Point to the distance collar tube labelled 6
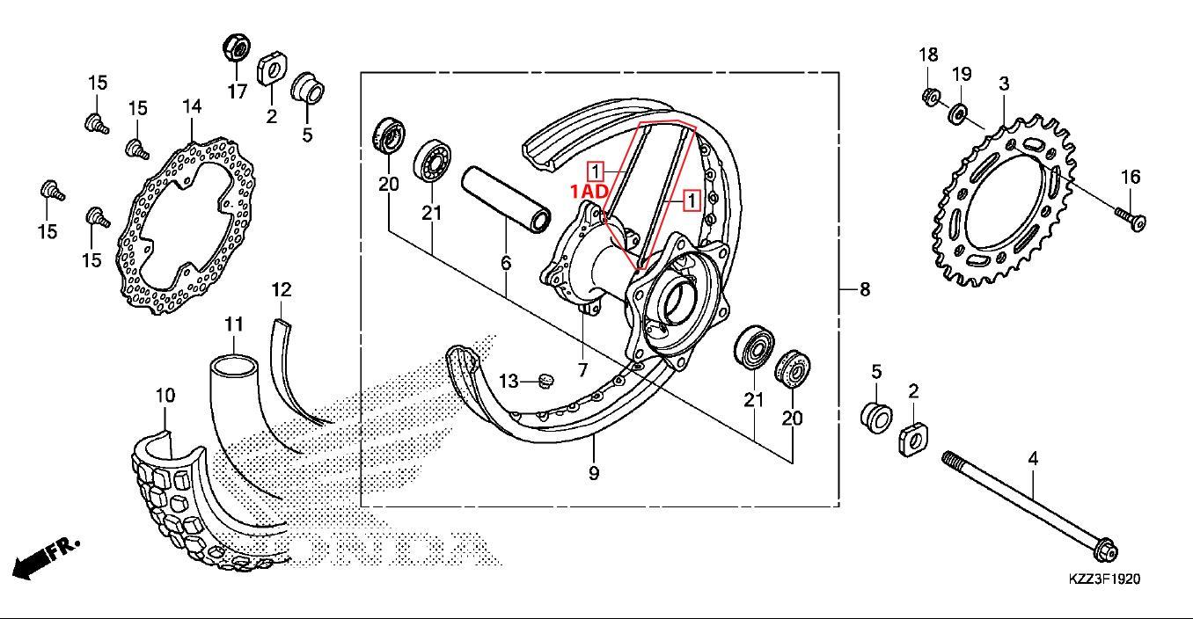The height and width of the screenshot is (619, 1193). [506, 200]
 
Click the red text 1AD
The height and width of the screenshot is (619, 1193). [589, 192]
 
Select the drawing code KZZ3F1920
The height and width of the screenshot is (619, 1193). [1105, 579]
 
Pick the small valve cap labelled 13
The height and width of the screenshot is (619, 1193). [545, 381]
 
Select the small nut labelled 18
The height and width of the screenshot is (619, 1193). [931, 97]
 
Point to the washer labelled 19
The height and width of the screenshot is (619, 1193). [958, 114]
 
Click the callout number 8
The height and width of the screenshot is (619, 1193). [865, 289]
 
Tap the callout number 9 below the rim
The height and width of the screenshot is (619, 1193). [594, 473]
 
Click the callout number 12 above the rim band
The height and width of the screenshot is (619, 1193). [282, 290]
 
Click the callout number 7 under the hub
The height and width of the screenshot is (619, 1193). [582, 369]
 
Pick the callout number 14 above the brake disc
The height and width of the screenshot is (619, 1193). [192, 106]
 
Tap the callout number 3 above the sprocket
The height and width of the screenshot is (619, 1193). [1004, 84]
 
